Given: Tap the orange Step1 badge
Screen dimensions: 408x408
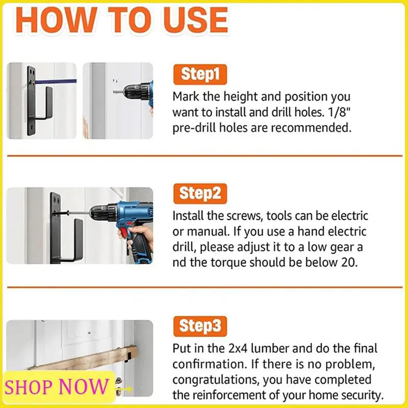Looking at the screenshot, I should click(x=200, y=74).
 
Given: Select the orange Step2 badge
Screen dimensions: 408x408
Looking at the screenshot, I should click(x=200, y=194).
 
